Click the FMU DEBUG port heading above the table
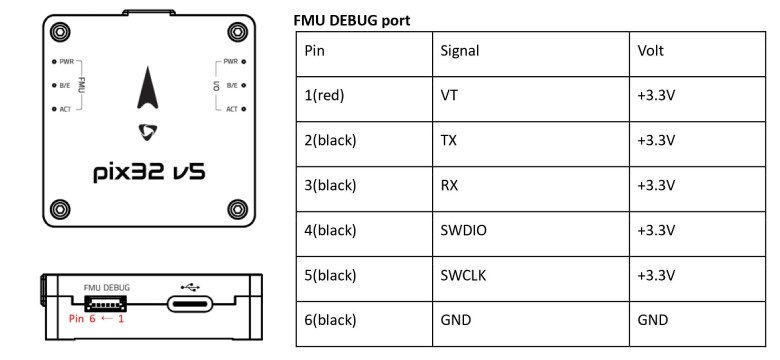point(353,20)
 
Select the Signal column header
point(459,50)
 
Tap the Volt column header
point(650,50)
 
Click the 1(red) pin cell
point(329,96)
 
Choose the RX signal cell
point(449,185)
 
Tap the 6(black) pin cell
point(334,320)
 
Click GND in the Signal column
point(454,320)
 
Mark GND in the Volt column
point(651,320)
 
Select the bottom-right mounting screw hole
point(237,209)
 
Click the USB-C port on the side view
point(190,304)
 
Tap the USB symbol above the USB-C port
point(190,285)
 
